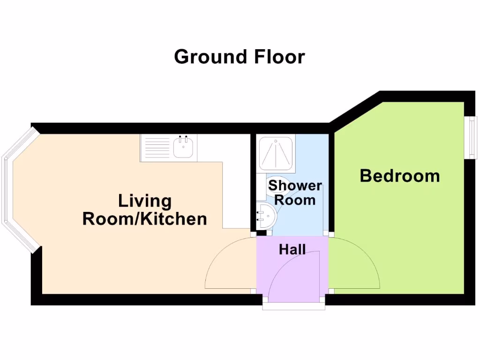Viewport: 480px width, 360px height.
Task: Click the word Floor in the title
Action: [280, 57]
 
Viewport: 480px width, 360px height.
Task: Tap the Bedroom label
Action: [400, 176]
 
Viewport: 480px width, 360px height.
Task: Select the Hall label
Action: [292, 249]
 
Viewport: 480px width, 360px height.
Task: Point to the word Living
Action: [145, 201]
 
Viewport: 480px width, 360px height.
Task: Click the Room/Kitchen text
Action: [145, 219]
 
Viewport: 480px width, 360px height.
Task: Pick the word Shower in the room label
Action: [295, 186]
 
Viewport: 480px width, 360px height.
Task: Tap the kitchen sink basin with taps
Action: [183, 147]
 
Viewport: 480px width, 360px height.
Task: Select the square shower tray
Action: [277, 152]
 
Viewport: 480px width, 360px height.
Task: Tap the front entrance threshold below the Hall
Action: [293, 306]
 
